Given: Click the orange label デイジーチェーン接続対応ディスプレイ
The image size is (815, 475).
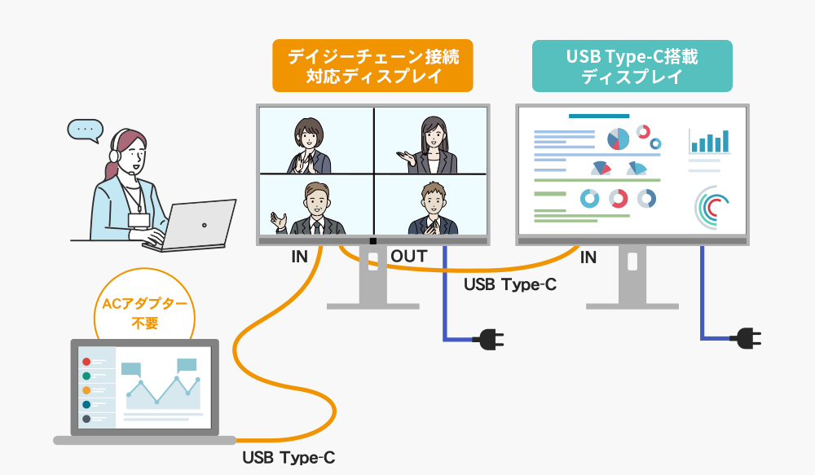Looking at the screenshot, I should [x=372, y=67].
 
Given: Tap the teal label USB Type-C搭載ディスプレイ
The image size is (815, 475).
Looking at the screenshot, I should [x=632, y=67].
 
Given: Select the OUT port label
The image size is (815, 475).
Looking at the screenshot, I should [x=408, y=257].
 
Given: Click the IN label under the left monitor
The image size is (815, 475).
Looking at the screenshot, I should [x=299, y=257].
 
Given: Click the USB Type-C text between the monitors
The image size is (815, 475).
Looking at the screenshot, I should [x=509, y=285].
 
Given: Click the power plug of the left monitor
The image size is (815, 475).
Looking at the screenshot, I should [x=488, y=338].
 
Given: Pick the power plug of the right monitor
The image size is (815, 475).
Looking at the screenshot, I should [x=747, y=336].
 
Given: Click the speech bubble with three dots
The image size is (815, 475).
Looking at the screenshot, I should [x=86, y=130].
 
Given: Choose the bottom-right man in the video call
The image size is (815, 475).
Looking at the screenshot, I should [x=430, y=209].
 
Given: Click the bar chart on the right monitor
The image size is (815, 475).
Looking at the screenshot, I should [x=710, y=142].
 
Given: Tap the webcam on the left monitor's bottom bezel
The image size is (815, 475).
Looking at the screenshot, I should [x=373, y=241].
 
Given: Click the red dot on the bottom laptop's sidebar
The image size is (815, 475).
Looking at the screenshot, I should [x=86, y=362].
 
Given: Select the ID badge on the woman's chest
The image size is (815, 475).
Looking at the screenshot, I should [x=139, y=220].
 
